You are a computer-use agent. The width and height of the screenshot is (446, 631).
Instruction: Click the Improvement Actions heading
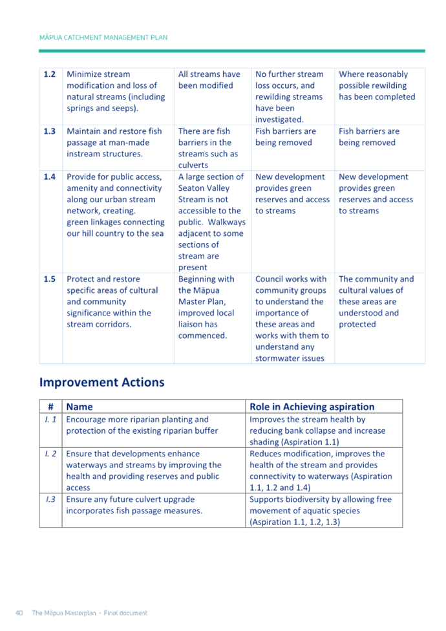(x=101, y=382)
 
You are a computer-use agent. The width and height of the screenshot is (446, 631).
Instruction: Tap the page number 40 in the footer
(x=19, y=612)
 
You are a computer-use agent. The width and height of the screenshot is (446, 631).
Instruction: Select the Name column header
(x=80, y=407)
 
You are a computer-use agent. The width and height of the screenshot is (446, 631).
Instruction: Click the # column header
(x=50, y=407)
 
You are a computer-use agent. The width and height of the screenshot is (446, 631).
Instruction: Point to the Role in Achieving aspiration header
(x=312, y=407)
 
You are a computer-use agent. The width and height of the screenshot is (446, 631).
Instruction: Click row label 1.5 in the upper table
(x=50, y=279)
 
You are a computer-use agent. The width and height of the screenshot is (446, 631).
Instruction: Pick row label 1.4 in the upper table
(x=50, y=176)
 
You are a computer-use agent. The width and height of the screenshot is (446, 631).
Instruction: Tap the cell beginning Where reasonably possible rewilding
(x=376, y=85)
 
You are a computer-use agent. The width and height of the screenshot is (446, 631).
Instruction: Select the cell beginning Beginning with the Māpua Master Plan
(x=206, y=307)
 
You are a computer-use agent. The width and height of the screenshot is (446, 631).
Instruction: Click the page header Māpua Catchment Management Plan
(x=103, y=37)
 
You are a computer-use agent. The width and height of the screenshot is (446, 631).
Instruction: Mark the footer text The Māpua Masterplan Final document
(x=90, y=612)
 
